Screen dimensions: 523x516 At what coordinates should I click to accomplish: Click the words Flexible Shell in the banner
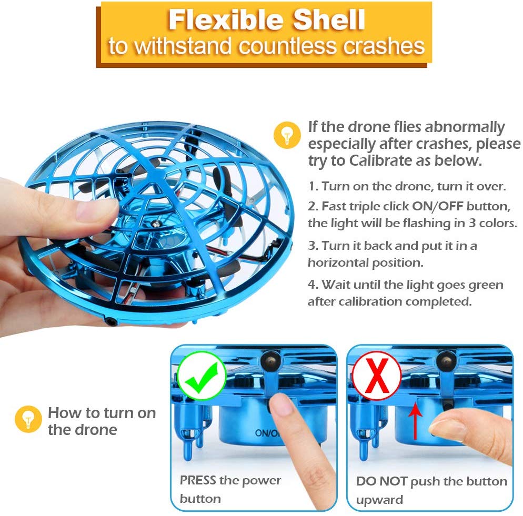coord(266,19)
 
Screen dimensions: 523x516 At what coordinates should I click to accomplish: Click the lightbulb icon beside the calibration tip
coord(287,135)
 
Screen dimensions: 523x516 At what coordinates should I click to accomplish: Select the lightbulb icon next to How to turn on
coord(28,419)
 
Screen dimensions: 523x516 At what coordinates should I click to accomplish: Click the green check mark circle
coord(201,376)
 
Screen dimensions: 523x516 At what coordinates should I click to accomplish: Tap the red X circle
coord(377,376)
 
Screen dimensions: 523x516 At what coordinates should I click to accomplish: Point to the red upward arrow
coord(415,421)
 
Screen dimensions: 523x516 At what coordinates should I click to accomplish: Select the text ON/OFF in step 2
coord(438,206)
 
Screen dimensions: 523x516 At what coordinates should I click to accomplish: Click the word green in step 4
coord(486,286)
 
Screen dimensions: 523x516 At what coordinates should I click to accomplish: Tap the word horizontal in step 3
coord(337,262)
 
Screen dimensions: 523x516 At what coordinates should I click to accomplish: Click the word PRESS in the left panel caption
coord(198,480)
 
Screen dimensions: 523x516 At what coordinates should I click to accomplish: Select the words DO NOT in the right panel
coord(381,481)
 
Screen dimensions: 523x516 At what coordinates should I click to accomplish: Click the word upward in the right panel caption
coord(379,500)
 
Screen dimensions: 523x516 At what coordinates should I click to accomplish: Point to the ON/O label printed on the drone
coord(267,433)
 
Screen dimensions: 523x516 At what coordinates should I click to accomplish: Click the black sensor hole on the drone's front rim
coord(110,321)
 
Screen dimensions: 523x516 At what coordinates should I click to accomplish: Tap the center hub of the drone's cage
coord(155,223)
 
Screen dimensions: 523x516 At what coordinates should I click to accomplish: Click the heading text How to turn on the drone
coord(102,421)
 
